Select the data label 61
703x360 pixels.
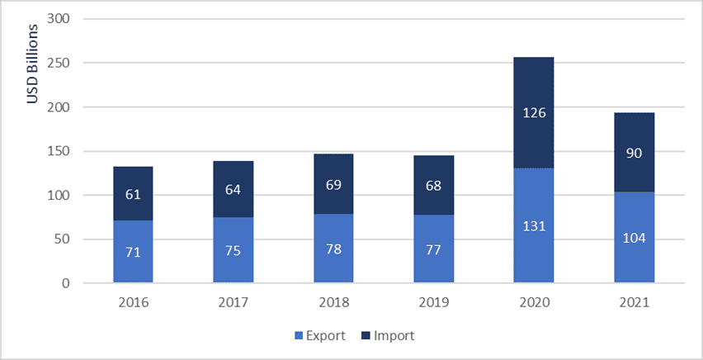(133, 194)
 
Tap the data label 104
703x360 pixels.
(634, 239)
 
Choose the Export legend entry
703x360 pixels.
(314, 336)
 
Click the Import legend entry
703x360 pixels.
(388, 336)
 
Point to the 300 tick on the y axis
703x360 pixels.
(59, 19)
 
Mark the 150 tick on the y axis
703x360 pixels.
(59, 151)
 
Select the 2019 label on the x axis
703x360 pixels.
(433, 303)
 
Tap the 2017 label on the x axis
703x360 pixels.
(233, 303)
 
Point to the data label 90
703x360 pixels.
(634, 154)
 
